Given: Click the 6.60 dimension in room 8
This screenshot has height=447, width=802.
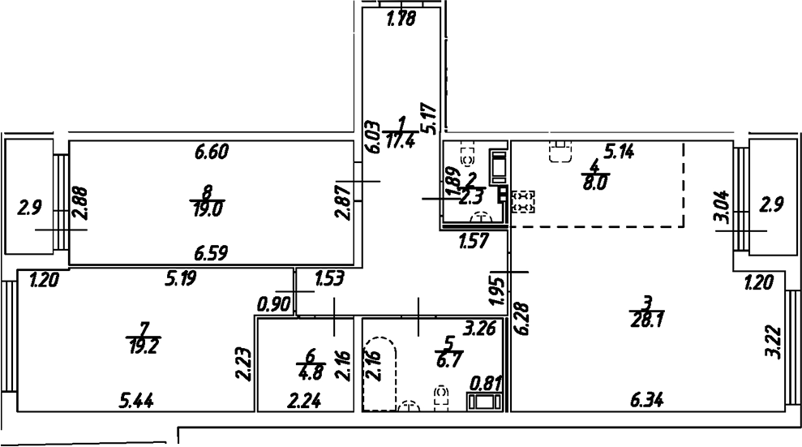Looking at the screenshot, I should (214, 151).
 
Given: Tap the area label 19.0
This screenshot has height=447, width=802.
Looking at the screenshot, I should (208, 207).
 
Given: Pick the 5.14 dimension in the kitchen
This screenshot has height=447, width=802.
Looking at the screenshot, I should (619, 150).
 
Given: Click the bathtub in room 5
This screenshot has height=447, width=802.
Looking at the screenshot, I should (380, 373).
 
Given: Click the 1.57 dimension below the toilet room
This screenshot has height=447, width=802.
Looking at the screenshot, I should (474, 241).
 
